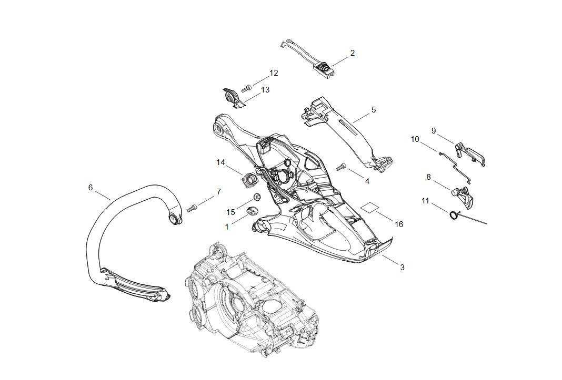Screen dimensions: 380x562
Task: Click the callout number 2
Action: tap(352, 53)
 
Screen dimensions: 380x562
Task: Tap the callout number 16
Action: tap(399, 224)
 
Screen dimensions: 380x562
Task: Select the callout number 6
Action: tap(91, 188)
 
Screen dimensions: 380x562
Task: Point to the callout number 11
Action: tap(425, 201)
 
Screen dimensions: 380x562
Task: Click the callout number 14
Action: tap(221, 163)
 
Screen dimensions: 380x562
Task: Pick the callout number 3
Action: tap(403, 268)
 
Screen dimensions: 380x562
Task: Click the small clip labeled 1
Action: tap(252, 211)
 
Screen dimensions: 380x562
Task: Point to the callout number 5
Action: tap(374, 110)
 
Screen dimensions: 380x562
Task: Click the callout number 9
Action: tap(434, 130)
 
